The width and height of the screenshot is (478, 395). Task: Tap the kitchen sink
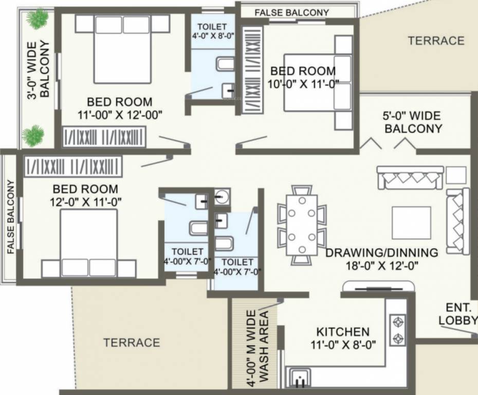[300, 379]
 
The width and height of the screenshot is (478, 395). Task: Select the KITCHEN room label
[343, 332]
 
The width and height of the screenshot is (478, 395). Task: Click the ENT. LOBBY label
[457, 314]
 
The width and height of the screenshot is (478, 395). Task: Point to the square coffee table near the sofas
[411, 223]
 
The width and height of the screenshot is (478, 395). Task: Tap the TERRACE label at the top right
[436, 41]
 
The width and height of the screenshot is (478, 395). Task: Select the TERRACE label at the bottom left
[132, 343]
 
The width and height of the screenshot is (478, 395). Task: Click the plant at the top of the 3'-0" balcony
[37, 19]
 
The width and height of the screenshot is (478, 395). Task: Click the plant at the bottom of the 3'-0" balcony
[33, 135]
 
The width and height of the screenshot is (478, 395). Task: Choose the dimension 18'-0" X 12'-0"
[382, 265]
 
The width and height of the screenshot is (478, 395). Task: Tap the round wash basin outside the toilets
[222, 197]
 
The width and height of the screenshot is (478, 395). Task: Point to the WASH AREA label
[264, 346]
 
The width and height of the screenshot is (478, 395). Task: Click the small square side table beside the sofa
[455, 175]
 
